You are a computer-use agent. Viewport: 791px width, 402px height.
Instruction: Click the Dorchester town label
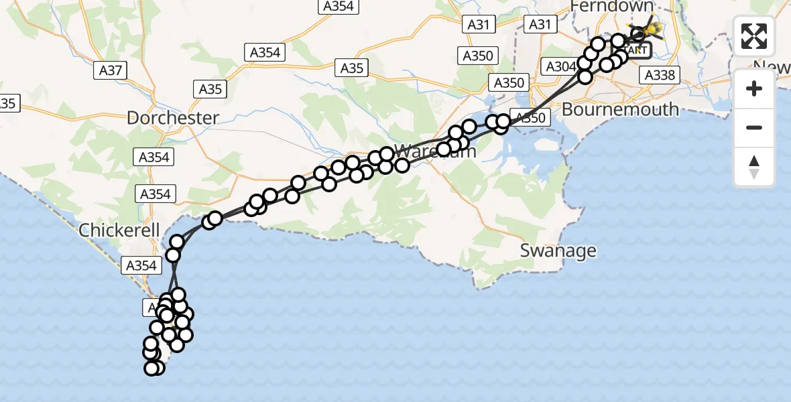(173, 119)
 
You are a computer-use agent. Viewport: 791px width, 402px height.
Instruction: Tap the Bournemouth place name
(620, 109)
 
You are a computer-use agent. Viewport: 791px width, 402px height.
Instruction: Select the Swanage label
(558, 251)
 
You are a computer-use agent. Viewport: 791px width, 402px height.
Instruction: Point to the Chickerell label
(119, 231)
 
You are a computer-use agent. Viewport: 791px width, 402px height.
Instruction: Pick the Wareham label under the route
(436, 151)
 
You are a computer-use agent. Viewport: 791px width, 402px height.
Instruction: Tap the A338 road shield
(659, 75)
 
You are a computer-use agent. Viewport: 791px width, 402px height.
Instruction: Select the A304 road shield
(560, 67)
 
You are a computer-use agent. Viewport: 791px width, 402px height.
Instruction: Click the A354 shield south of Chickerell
(141, 265)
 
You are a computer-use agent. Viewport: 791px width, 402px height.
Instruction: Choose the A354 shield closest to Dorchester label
(154, 157)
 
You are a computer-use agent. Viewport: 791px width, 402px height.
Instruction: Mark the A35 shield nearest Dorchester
(210, 88)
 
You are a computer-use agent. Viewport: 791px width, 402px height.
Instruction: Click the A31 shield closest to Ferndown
(540, 25)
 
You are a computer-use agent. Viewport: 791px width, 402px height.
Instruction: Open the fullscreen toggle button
(754, 36)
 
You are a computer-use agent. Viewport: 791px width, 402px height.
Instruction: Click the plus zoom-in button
(754, 88)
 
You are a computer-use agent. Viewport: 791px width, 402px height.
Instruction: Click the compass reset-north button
(754, 167)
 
